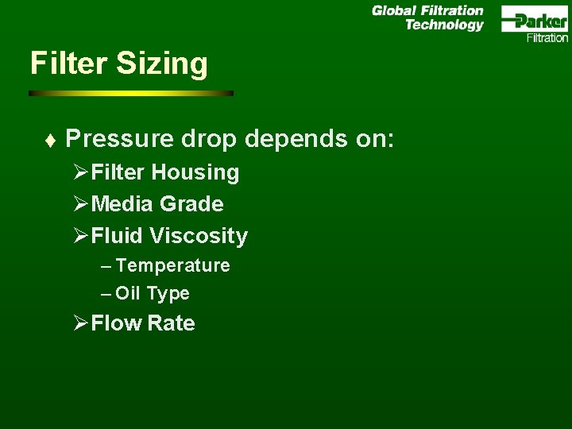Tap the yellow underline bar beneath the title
tap(131, 93)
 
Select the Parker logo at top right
tap(535, 20)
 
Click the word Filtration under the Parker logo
tap(547, 37)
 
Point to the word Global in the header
tap(394, 11)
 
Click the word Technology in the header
tap(444, 25)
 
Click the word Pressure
tap(119, 139)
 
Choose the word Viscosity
tap(199, 236)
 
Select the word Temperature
tap(172, 265)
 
